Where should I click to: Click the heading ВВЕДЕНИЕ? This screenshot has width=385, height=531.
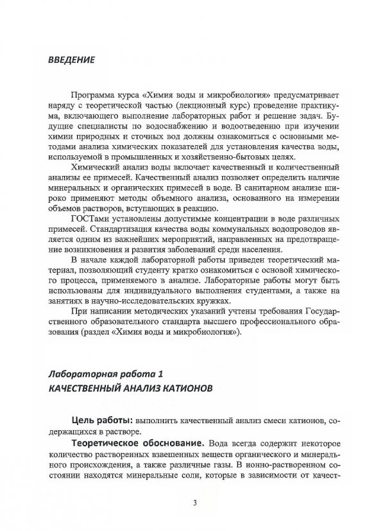point(72,60)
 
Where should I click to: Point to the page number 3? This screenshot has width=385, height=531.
point(193,502)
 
